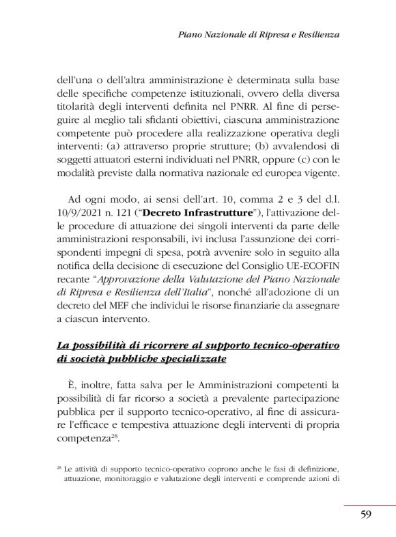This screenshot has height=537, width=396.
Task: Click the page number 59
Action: click(x=365, y=514)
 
